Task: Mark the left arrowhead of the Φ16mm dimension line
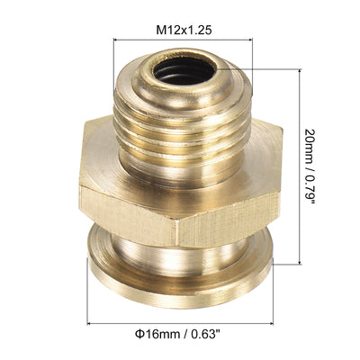pyautogui.click(x=91, y=323)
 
